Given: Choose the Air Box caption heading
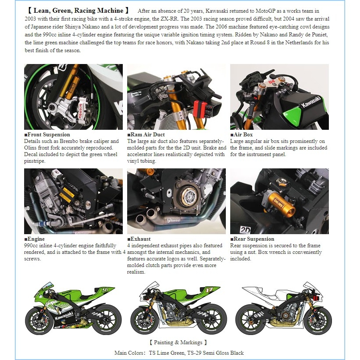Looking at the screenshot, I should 243,135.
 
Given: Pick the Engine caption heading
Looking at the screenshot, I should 36,239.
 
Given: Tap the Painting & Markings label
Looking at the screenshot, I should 178,342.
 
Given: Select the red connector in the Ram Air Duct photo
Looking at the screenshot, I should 200,108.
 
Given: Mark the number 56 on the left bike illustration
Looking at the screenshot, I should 105,290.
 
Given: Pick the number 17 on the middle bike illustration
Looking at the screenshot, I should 210,290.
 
